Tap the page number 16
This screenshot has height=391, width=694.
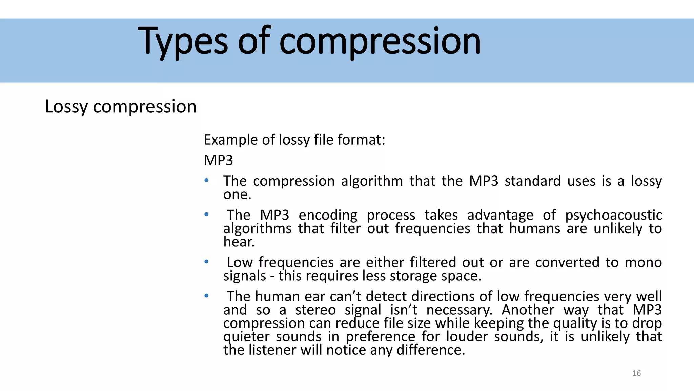636,373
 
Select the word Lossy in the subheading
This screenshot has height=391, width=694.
66,107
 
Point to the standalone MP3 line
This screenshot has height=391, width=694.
218,160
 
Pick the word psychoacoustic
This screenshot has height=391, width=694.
613,215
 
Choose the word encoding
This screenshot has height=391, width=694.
328,215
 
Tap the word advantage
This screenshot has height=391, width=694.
500,215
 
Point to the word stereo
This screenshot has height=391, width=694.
315,310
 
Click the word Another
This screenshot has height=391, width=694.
528,310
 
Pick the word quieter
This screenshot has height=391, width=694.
246,337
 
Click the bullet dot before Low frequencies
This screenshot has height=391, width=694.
206,262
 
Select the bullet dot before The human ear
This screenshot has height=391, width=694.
206,296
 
